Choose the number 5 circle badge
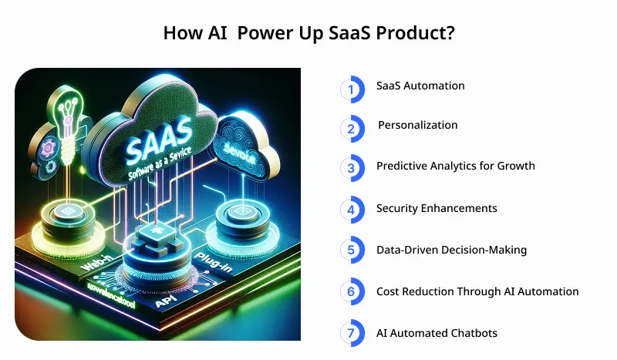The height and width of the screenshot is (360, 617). tap(352, 251)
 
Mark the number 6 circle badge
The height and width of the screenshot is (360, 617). tap(352, 292)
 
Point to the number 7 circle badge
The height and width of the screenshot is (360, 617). tap(352, 334)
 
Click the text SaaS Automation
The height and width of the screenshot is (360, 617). tap(420, 86)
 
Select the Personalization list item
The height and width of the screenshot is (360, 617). tap(417, 125)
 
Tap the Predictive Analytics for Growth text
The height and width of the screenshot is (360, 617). tap(455, 166)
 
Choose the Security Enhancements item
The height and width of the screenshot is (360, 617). tap(437, 208)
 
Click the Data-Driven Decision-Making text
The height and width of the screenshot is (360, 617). tap(451, 250)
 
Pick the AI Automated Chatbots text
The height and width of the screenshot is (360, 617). tap(437, 333)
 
